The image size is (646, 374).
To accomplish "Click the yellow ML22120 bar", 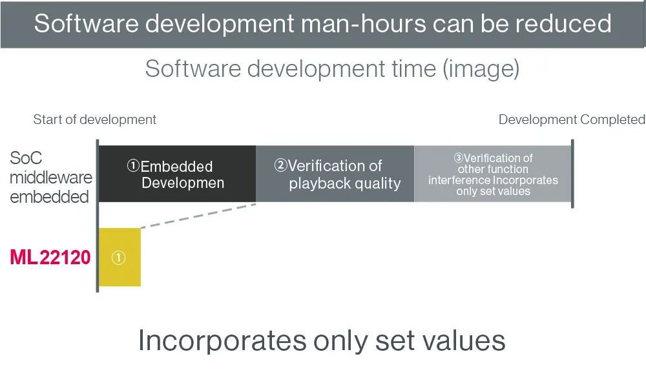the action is point(120,257).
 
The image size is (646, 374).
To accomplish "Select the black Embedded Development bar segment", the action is point(177,173).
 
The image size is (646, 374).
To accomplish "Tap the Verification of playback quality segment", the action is point(335,173).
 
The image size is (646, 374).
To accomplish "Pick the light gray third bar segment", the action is point(493,173).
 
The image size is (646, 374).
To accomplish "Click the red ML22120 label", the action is point(50,258).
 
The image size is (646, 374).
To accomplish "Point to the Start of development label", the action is point(95,119).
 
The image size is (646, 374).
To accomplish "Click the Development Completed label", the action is point(572,119).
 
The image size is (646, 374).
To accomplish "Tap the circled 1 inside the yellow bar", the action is point(118,258).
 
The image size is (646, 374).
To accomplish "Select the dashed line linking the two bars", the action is point(198,216).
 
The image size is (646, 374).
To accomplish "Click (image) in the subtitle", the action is point(481,68).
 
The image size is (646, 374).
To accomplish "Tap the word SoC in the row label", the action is point(26,158).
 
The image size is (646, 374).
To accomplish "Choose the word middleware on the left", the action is point(51,178).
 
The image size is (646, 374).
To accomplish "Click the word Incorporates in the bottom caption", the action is point(222,340).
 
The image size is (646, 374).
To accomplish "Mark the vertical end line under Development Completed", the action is point(572,173).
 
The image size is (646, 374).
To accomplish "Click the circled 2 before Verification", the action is point(280,165).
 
